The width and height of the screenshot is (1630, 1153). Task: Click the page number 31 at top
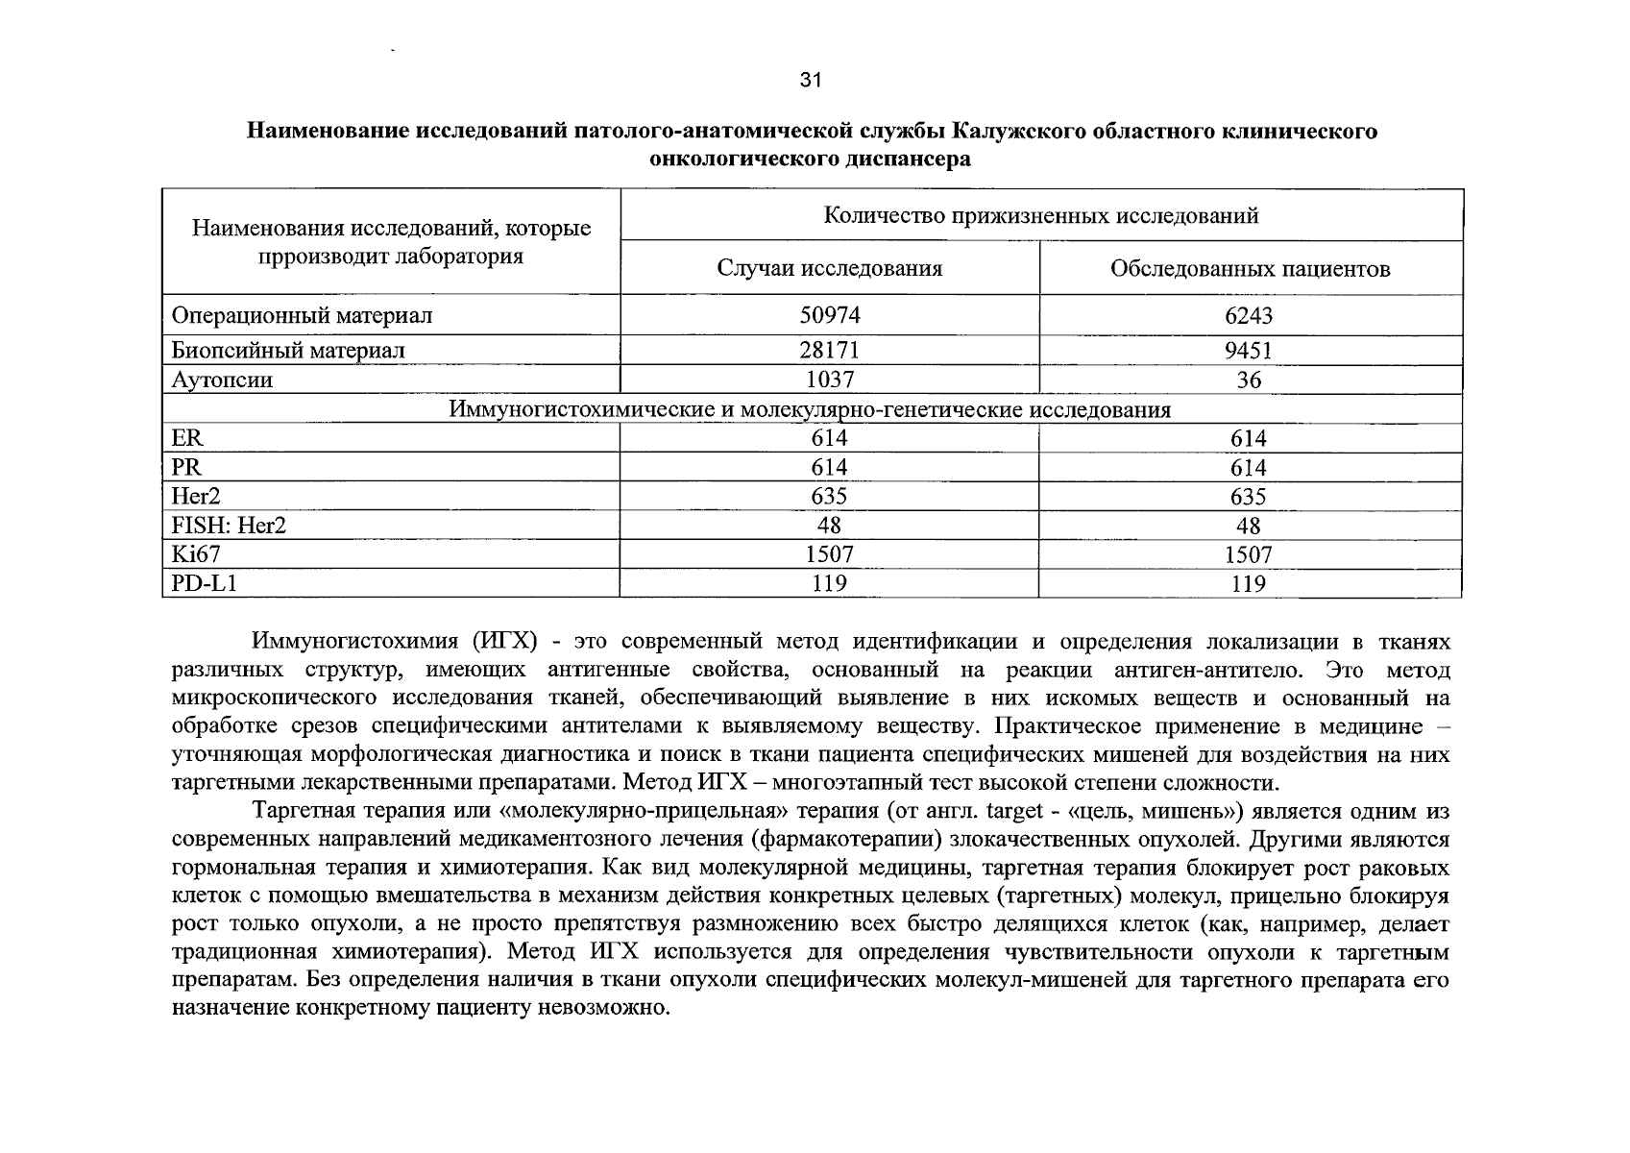coord(811,81)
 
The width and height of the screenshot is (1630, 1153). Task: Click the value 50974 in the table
coord(830,315)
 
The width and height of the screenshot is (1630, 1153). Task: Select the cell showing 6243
coord(1249,315)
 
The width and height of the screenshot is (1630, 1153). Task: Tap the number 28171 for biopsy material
coord(830,351)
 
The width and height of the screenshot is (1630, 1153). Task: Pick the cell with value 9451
coord(1249,351)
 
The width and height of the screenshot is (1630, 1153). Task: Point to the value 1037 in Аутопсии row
coord(830,380)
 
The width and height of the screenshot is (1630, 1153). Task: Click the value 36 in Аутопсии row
coord(1249,380)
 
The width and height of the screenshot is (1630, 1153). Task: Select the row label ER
coord(187,438)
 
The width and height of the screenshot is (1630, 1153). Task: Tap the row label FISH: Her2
coord(229,526)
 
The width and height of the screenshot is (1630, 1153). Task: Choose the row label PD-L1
coord(203,583)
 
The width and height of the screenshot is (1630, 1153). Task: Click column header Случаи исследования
coord(830,268)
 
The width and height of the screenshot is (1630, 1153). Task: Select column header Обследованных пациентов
coord(1250,269)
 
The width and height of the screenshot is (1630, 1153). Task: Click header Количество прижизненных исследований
coord(1041,215)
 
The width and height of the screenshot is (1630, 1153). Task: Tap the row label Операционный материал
coord(302,315)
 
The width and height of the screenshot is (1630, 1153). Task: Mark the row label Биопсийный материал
coord(288,351)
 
